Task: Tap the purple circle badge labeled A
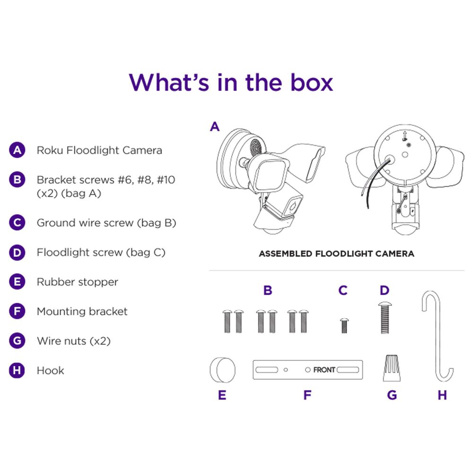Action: (17, 150)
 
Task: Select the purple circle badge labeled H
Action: (17, 370)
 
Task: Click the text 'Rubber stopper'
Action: (77, 282)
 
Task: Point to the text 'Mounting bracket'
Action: (82, 312)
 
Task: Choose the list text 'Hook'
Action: (51, 370)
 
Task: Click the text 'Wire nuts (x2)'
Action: (74, 341)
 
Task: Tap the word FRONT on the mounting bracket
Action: (324, 369)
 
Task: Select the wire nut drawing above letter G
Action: (392, 368)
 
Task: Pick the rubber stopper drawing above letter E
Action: (223, 370)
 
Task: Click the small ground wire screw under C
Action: (344, 325)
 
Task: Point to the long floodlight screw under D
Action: (385, 318)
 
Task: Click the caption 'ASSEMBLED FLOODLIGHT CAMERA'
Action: (336, 254)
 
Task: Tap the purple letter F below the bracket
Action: (307, 395)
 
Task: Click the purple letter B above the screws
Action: (268, 290)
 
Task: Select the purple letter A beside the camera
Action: (215, 126)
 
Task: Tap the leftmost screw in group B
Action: (227, 321)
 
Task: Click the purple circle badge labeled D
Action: (17, 253)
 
